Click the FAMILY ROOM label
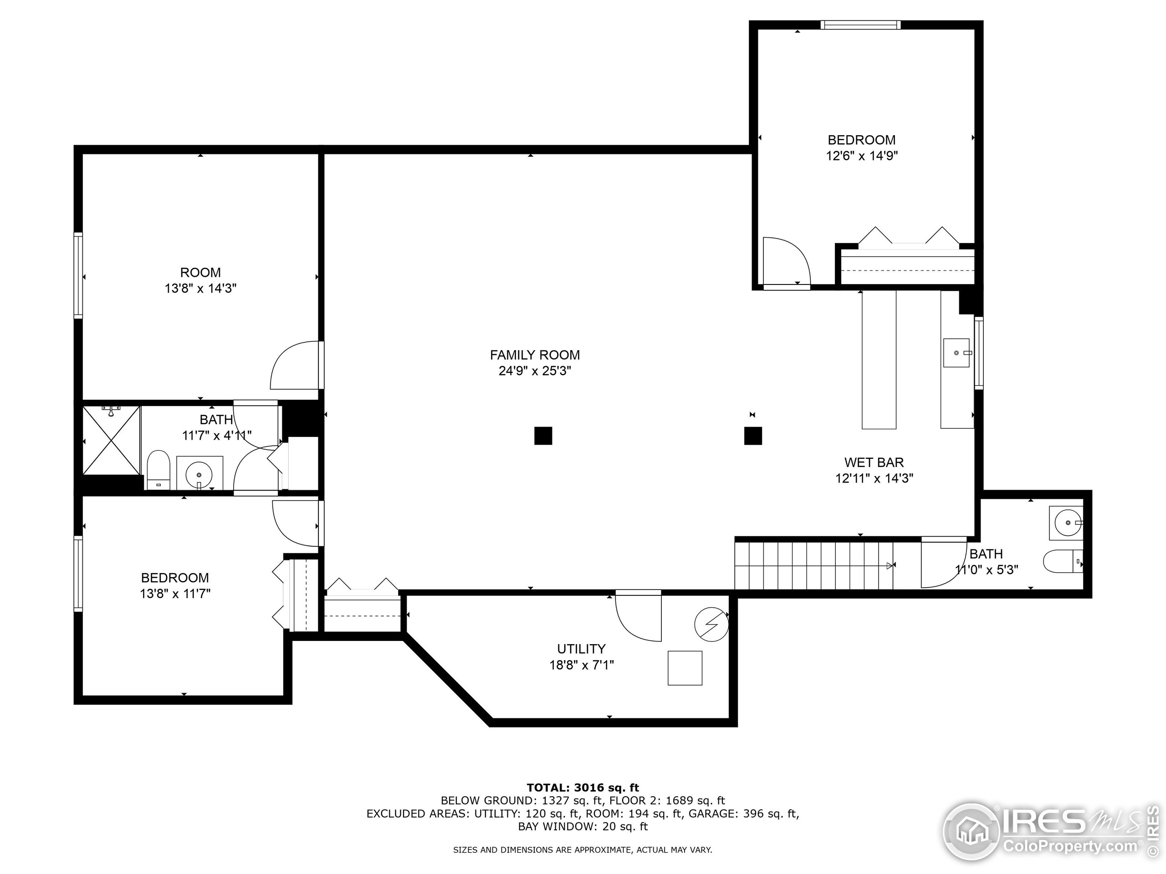(535, 355)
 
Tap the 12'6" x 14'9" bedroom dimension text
(861, 156)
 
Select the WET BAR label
(874, 462)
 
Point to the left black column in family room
(543, 436)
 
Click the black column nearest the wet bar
(753, 436)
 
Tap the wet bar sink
(956, 352)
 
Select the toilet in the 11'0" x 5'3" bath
(1062, 562)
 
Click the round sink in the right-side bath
(1065, 523)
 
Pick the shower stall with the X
(112, 440)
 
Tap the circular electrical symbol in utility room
(711, 625)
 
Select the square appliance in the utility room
(685, 668)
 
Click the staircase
(814, 566)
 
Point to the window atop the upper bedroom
(860, 25)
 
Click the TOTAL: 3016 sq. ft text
(583, 788)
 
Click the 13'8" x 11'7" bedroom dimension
(175, 594)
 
